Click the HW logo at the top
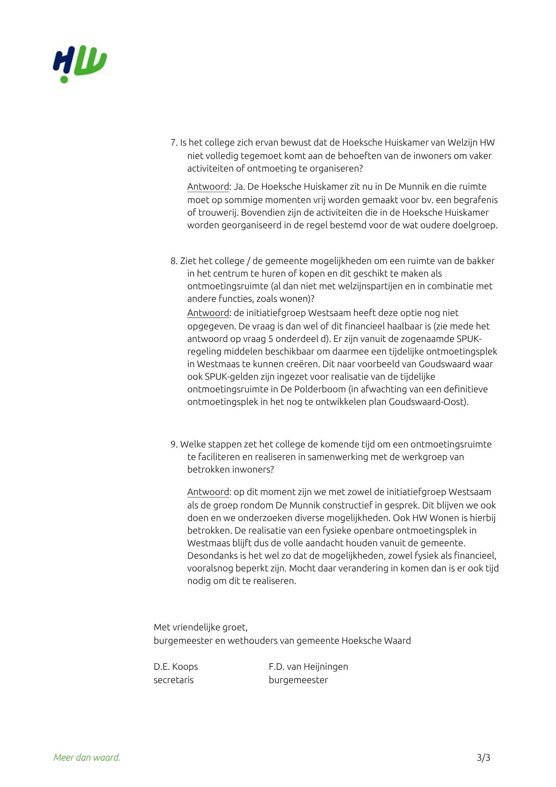click(x=80, y=65)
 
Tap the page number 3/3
click(x=483, y=757)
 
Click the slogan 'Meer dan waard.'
click(x=87, y=757)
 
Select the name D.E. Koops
click(x=176, y=666)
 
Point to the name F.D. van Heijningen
click(x=308, y=666)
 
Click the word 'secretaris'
click(x=173, y=680)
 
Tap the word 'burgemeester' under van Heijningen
click(x=298, y=680)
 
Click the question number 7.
click(x=174, y=142)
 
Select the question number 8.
click(x=174, y=260)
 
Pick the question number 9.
click(x=174, y=444)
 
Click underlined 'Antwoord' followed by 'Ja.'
click(x=208, y=187)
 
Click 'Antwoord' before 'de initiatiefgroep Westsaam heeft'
click(x=208, y=313)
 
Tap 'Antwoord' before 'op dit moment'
click(x=208, y=492)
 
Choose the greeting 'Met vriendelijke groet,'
click(x=201, y=627)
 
